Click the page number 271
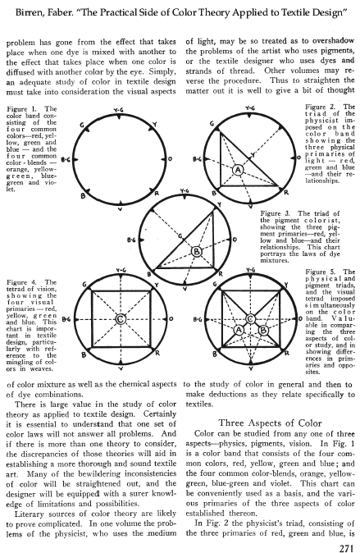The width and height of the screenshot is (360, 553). [346, 548]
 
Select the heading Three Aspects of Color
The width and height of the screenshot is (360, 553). [270, 423]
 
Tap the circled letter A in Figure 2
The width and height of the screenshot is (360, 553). [238, 170]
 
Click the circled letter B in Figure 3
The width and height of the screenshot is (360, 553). [196, 251]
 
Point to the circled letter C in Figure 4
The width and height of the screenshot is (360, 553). [121, 319]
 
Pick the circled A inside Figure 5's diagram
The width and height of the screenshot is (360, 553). [239, 330]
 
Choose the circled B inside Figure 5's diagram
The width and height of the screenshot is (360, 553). [263, 330]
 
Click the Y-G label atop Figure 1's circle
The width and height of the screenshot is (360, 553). [119, 111]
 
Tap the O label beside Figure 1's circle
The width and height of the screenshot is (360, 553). [170, 159]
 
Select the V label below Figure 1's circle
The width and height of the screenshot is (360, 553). [121, 208]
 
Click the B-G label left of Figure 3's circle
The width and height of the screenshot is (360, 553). [131, 240]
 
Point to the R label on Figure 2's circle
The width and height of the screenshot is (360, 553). [286, 193]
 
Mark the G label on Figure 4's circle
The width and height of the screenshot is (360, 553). [84, 285]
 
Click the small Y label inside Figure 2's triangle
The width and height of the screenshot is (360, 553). [253, 155]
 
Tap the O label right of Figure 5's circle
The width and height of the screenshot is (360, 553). [299, 319]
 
